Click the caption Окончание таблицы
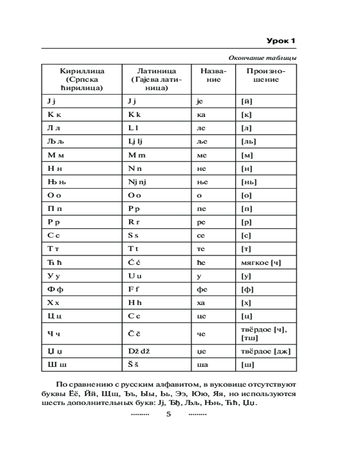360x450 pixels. (263, 58)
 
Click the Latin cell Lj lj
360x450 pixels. (135, 141)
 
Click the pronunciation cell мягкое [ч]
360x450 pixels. (261, 263)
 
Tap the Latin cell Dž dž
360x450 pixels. (139, 351)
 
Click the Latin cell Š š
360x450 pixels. (134, 364)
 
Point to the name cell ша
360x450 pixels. (202, 364)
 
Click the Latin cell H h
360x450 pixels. (134, 303)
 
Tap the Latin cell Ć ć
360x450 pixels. (134, 263)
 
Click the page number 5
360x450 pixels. (169, 414)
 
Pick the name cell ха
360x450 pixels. (201, 303)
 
